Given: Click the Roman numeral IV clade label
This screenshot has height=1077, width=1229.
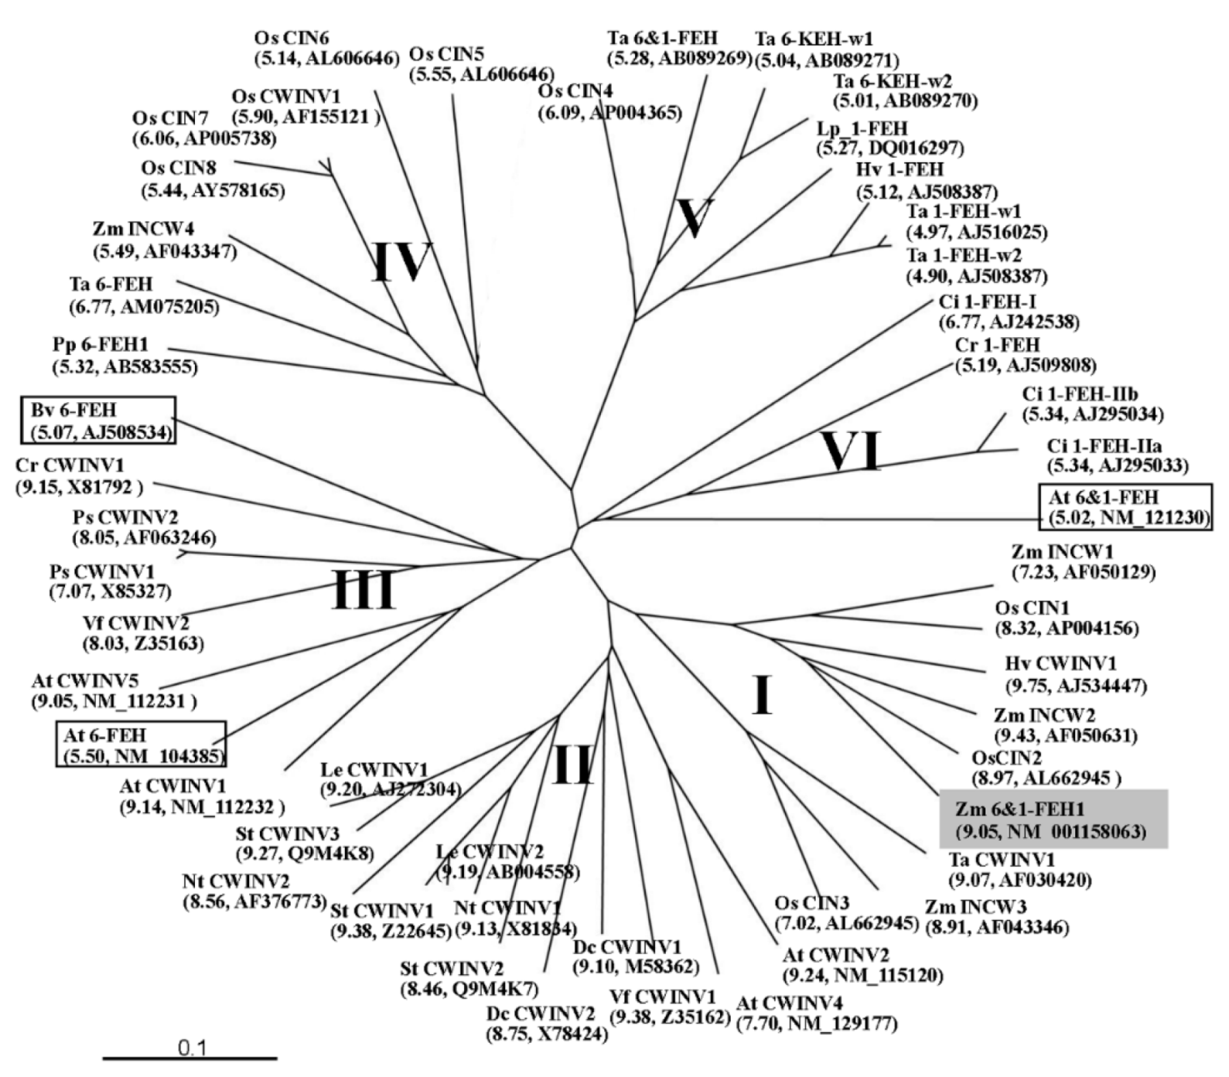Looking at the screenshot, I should coord(401,261).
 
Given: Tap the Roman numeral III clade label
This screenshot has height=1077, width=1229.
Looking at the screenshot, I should coord(364,589).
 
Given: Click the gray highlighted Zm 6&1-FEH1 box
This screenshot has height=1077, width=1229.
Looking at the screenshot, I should coord(1053,820).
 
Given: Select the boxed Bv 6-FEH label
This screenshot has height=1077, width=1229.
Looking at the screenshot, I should coord(98,420).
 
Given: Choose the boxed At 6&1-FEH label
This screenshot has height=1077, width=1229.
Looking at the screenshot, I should coord(1125,507).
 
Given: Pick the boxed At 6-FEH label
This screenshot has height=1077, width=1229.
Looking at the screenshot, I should coord(141,744).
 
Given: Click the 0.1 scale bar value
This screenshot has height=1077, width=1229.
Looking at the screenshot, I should coord(192,1048).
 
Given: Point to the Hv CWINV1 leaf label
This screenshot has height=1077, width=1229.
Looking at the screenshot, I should coord(1060,663).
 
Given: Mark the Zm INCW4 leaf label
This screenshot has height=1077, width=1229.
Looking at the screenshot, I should coord(143,230).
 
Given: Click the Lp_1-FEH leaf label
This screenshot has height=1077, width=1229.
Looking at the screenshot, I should coord(862,128).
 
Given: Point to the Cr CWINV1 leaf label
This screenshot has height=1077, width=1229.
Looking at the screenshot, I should coord(69,466).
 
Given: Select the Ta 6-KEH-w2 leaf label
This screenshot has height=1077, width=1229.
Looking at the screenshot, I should coord(892,81).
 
